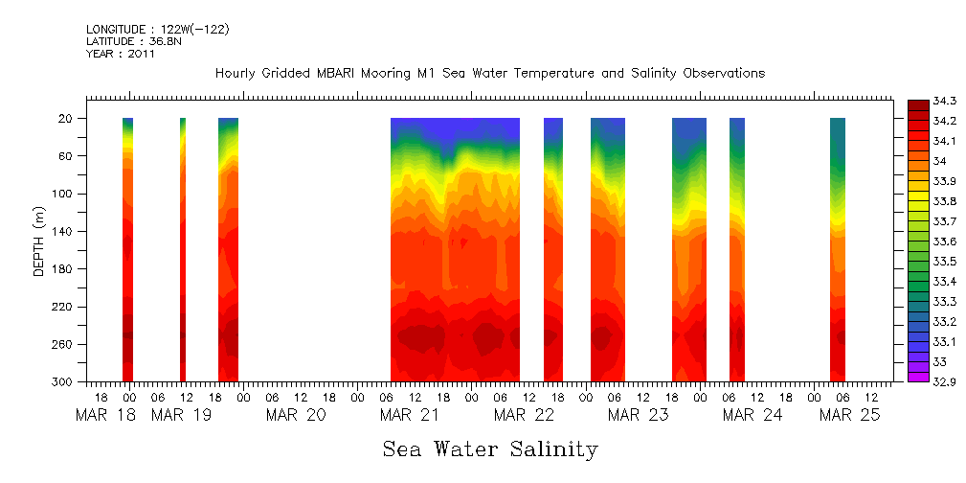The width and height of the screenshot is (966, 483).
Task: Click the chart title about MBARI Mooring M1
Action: click(489, 74)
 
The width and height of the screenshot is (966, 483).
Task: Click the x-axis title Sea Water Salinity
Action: click(490, 448)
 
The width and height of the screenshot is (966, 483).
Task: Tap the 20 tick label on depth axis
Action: click(67, 119)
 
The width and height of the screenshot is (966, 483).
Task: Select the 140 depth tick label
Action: click(64, 232)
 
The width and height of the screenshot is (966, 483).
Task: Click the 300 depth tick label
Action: click(64, 382)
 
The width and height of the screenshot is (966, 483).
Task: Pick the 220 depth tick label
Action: click(64, 307)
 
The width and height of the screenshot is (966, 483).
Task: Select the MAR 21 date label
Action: click(409, 415)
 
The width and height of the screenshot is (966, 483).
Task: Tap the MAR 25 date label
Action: click(855, 415)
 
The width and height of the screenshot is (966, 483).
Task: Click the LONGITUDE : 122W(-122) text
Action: click(157, 30)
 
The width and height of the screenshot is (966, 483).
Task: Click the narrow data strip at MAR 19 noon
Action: click(183, 249)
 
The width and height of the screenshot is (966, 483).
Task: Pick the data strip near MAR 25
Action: click(838, 249)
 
